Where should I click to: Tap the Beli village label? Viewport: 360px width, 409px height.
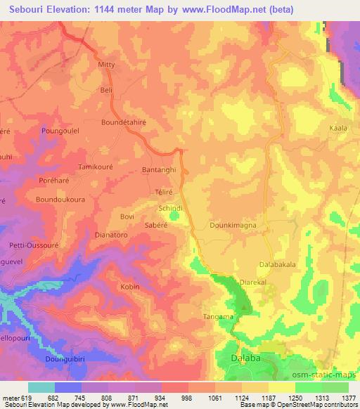pyautogui.click(x=107, y=91)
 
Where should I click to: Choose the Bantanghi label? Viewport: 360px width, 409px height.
pyautogui.click(x=159, y=171)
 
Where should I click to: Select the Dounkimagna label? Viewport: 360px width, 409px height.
pyautogui.click(x=232, y=226)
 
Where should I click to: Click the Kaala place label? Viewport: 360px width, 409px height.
pyautogui.click(x=338, y=128)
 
